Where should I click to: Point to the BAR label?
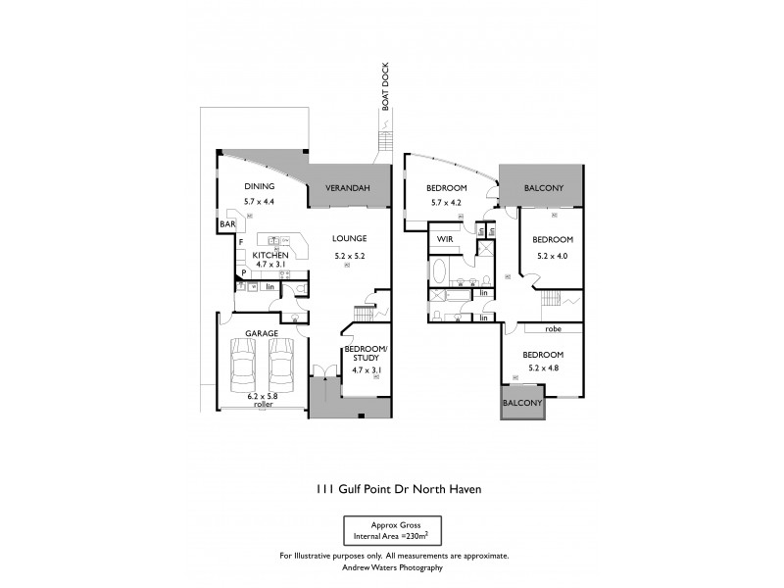(x=226, y=224)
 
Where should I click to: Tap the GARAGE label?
(x=263, y=333)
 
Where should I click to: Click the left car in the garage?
(x=244, y=369)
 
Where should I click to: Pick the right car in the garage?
(x=282, y=369)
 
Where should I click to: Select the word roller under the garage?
(x=262, y=404)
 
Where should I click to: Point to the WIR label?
(x=444, y=238)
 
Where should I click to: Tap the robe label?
(x=554, y=329)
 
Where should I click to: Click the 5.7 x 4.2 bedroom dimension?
(x=446, y=203)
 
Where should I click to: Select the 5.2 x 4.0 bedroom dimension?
(x=552, y=256)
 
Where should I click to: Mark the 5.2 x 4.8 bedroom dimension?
(x=542, y=369)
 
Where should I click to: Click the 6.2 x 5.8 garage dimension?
(x=262, y=395)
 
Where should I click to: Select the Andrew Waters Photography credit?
(x=393, y=567)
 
